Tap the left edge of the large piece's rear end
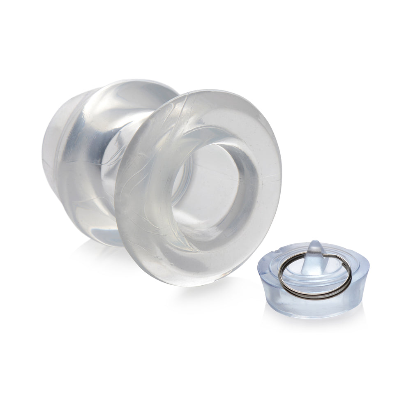click(x=44, y=156)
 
